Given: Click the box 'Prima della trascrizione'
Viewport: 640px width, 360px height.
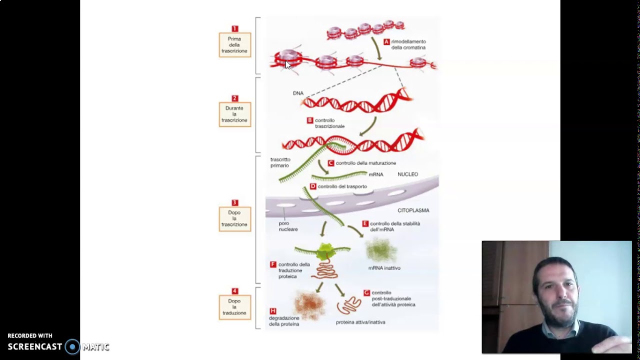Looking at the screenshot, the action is tap(235, 45).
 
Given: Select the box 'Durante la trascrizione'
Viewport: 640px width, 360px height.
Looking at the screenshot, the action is tap(235, 114).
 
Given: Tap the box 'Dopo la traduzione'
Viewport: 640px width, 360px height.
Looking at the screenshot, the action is tap(235, 307).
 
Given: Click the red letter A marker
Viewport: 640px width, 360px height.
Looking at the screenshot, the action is tap(386, 41).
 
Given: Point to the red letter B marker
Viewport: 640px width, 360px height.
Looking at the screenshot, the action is tap(310, 120).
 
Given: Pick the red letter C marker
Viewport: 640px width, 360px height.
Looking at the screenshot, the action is tap(331, 163).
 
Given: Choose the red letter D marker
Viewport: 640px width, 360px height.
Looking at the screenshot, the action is tap(313, 186).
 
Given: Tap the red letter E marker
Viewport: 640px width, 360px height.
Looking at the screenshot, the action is tap(365, 223).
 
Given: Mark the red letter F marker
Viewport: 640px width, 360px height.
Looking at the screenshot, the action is tap(273, 264).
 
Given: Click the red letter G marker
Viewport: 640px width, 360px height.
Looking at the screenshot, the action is tap(366, 292).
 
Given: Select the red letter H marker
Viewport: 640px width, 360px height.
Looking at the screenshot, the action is tap(273, 311).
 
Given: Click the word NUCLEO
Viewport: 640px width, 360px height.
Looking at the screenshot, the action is tap(407, 174).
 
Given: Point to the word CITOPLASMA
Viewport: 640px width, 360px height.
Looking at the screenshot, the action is tap(413, 210).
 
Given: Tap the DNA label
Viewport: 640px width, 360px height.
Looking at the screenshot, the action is tap(298, 93).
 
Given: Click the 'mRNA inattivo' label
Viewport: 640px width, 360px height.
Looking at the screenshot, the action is tap(384, 268).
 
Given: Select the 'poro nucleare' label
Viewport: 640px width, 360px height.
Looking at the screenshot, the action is tap(288, 226).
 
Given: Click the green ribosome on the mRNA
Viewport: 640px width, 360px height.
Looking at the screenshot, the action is tap(325, 251).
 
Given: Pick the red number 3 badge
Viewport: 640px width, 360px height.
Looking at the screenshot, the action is tap(234, 202).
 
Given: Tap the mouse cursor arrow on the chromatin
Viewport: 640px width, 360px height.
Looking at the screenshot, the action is tap(287, 65).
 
